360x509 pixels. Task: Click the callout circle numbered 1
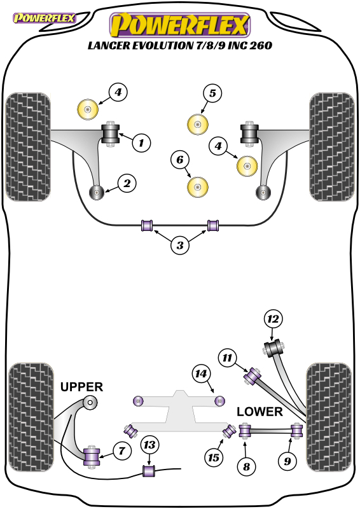click(x=142, y=143)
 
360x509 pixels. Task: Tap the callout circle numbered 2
click(x=127, y=183)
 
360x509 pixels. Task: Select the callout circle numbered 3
click(x=180, y=245)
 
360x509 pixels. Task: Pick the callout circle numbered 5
click(x=212, y=94)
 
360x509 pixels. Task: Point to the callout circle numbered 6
click(x=180, y=160)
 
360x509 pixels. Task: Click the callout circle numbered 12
click(x=273, y=319)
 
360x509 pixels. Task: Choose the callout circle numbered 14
click(x=201, y=374)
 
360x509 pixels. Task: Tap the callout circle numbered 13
click(x=149, y=445)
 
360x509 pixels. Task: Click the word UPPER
click(x=81, y=387)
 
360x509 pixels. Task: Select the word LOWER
click(x=260, y=412)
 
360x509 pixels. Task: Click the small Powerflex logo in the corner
click(x=45, y=18)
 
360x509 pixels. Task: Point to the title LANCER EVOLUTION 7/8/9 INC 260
click(x=180, y=45)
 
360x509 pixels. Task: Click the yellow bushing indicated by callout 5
click(x=198, y=125)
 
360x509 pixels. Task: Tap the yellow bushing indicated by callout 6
click(x=198, y=187)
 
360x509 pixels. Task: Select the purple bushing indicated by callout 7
click(x=92, y=456)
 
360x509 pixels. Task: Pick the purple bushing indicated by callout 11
click(x=253, y=376)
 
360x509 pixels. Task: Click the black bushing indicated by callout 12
click(x=273, y=348)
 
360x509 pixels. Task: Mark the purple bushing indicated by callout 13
click(x=149, y=471)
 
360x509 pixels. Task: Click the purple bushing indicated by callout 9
click(x=296, y=431)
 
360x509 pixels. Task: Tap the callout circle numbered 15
click(x=214, y=457)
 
